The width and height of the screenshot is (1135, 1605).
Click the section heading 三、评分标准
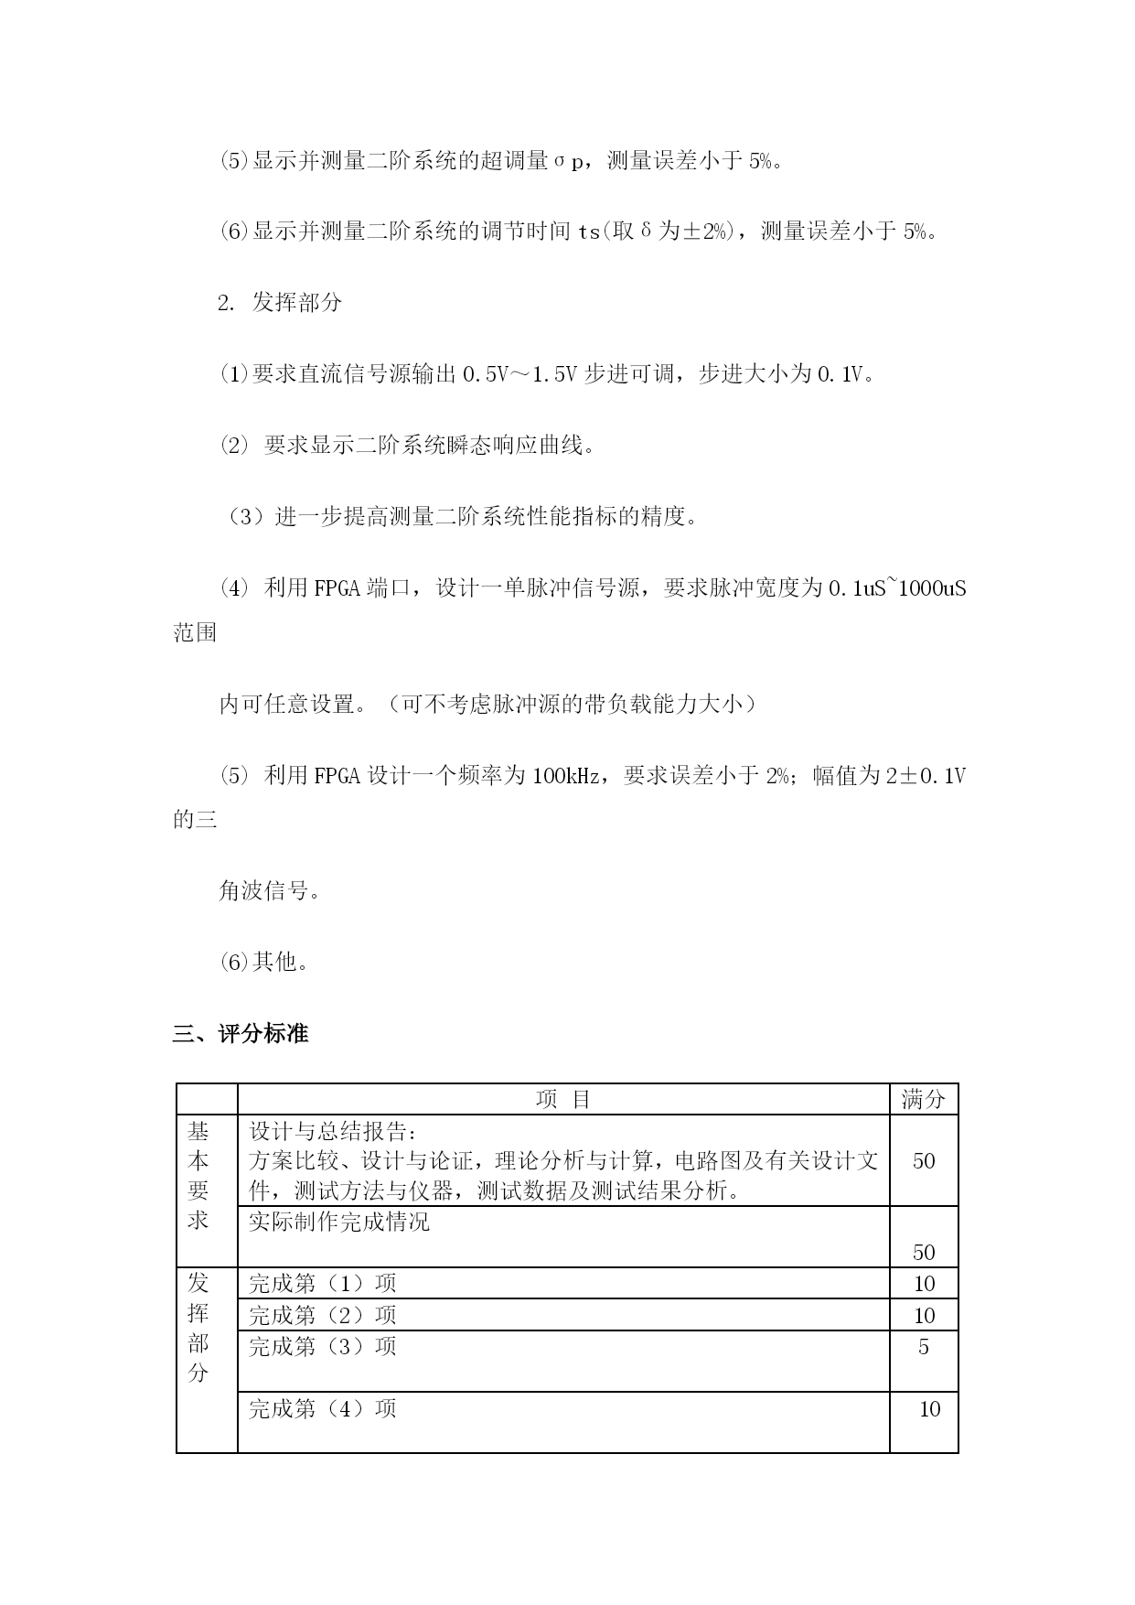click(241, 1034)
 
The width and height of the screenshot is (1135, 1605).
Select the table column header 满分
click(923, 1099)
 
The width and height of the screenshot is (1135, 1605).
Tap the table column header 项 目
click(563, 1099)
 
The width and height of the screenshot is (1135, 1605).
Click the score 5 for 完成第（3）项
click(924, 1347)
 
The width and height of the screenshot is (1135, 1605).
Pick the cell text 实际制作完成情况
click(339, 1222)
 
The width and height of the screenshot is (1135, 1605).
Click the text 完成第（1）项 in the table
click(323, 1283)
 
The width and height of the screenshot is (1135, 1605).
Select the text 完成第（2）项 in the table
click(323, 1315)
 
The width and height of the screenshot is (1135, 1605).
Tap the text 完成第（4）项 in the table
click(323, 1408)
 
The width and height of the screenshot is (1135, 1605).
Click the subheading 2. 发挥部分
click(280, 303)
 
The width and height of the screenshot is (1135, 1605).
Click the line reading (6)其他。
click(264, 962)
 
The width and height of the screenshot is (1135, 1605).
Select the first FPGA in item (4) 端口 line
click(337, 588)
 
